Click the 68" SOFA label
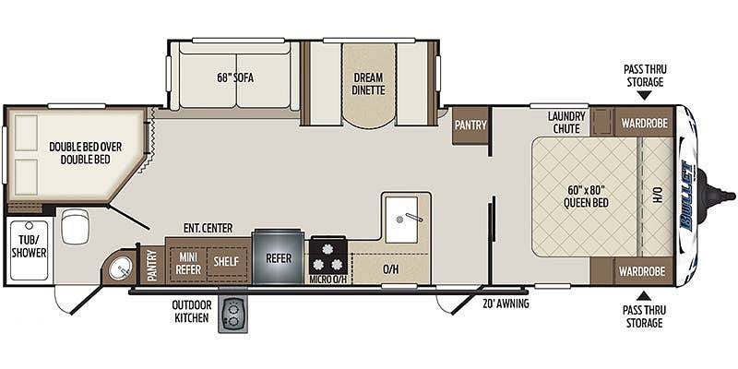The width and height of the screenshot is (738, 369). pyautogui.click(x=235, y=77)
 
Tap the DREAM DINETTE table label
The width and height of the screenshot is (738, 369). pyautogui.click(x=368, y=83)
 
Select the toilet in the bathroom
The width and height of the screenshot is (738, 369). pyautogui.click(x=76, y=226)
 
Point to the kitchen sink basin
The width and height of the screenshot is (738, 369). pyautogui.click(x=401, y=219)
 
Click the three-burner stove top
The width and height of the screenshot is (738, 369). pyautogui.click(x=328, y=256)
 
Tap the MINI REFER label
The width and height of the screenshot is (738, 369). pyautogui.click(x=189, y=264)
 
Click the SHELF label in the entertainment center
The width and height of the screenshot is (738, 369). pyautogui.click(x=227, y=261)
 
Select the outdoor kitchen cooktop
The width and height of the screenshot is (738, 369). pyautogui.click(x=232, y=315)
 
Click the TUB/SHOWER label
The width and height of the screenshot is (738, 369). pyautogui.click(x=30, y=246)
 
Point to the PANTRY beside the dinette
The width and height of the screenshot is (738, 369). pyautogui.click(x=470, y=125)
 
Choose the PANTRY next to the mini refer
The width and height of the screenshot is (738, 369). pyautogui.click(x=152, y=266)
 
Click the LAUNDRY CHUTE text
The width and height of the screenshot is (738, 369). pyautogui.click(x=566, y=123)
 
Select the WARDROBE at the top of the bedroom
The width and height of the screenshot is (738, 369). pyautogui.click(x=644, y=124)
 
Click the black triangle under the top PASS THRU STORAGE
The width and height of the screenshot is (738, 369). pyautogui.click(x=645, y=96)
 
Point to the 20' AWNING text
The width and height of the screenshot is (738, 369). pyautogui.click(x=506, y=304)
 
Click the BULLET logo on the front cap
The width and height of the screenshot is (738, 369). pyautogui.click(x=687, y=196)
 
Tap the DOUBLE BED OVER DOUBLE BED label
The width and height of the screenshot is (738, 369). pyautogui.click(x=85, y=153)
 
